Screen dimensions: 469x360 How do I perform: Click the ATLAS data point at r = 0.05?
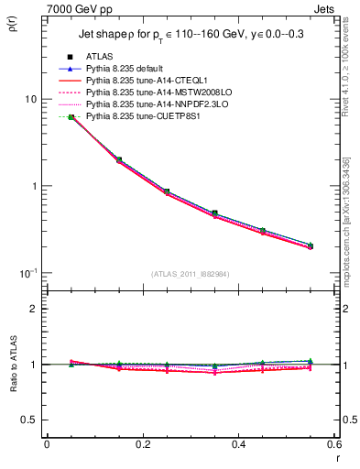(71, 117)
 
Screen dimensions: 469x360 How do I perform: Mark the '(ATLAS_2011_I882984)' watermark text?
(189, 274)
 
